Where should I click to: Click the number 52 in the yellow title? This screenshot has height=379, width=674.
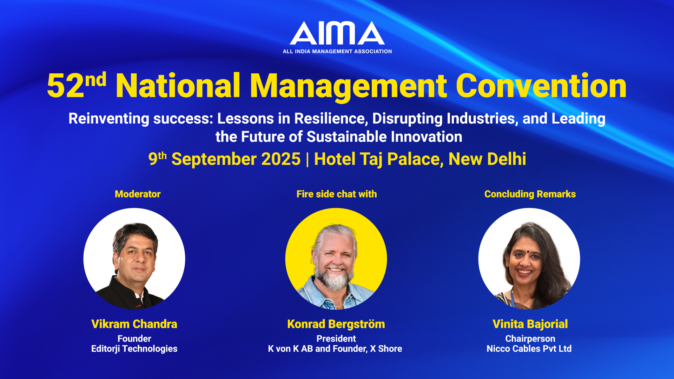[x=66, y=86]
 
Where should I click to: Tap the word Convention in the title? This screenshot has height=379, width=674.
[x=541, y=86]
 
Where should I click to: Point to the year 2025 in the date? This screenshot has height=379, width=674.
[x=281, y=159]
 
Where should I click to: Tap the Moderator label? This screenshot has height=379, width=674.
[x=138, y=194]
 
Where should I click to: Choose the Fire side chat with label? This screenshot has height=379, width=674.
[x=337, y=194]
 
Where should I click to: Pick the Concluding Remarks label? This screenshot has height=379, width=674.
[x=530, y=194]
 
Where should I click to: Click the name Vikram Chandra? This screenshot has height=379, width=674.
[x=134, y=324]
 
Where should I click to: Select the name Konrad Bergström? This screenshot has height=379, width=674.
[x=336, y=324]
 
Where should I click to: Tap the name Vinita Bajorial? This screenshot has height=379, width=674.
[x=530, y=324]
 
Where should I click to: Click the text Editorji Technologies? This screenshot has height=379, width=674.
[x=134, y=349]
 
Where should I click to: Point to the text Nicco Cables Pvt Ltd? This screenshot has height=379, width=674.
[x=529, y=349]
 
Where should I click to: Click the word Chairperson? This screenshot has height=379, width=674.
[x=530, y=339]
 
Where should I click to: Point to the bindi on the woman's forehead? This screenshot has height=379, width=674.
[x=528, y=252]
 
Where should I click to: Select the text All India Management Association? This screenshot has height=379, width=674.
[x=337, y=52]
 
